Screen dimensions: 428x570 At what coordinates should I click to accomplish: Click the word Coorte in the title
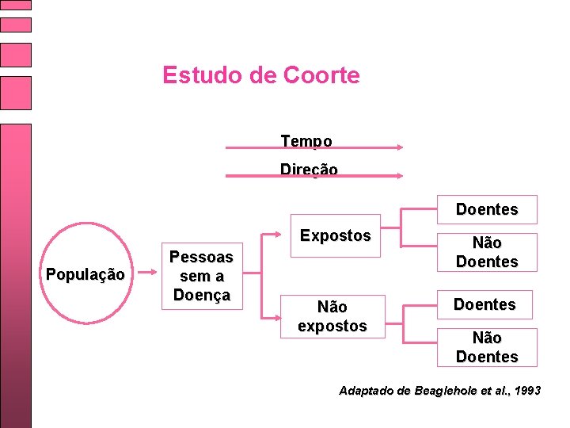[x=321, y=75]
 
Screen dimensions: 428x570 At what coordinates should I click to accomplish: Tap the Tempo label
[x=306, y=140]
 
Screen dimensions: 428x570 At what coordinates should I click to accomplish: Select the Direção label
[x=309, y=169]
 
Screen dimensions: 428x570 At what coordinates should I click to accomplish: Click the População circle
[x=85, y=275]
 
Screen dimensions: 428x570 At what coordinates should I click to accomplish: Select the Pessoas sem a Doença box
[x=201, y=276]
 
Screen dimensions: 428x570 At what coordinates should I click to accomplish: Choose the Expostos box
[x=336, y=236]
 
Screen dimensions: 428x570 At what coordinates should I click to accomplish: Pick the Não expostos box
[x=332, y=316]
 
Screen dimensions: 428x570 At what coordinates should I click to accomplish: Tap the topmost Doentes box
[x=486, y=210]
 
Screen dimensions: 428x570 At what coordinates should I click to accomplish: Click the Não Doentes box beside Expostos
[x=486, y=252]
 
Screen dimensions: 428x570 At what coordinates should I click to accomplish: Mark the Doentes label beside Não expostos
[x=484, y=304]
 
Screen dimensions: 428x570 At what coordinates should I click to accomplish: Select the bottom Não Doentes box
[x=486, y=347]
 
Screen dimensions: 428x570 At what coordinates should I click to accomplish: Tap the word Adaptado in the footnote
[x=364, y=391]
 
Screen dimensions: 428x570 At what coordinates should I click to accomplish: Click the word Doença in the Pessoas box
[x=201, y=295]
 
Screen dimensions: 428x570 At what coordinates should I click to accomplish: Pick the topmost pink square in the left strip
[x=15, y=4]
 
